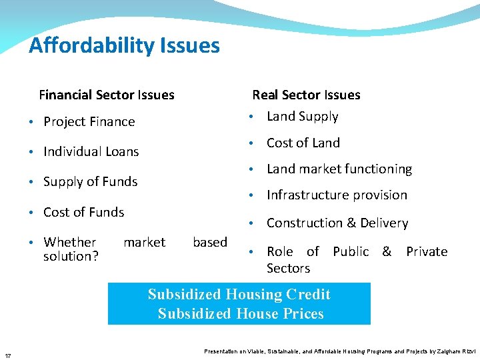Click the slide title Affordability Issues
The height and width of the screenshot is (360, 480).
[124, 45]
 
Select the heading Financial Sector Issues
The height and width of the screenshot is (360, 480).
[107, 95]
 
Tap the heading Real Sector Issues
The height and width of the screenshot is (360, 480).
[306, 95]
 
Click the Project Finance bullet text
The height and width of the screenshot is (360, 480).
[89, 121]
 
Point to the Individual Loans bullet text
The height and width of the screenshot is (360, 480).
[91, 151]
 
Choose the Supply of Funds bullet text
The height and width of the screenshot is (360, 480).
[90, 181]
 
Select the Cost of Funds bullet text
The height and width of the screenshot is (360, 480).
[83, 212]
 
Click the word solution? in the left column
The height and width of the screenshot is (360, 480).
[71, 256]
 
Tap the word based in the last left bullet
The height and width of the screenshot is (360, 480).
[210, 242]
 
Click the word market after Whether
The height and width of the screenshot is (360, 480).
[144, 242]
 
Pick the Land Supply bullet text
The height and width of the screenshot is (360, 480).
[302, 116]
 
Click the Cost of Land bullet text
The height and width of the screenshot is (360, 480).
[303, 143]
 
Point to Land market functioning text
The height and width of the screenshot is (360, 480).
[339, 169]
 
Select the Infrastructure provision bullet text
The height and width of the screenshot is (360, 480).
[337, 195]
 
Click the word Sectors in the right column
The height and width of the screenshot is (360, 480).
[288, 268]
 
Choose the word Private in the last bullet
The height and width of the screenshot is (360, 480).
[427, 251]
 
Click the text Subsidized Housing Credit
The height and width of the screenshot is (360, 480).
[239, 295]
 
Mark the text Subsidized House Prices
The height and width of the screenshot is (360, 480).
[241, 313]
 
